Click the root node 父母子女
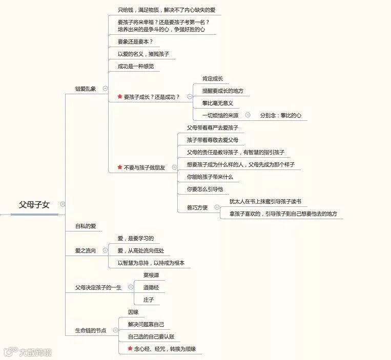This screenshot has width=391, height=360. click(34, 204)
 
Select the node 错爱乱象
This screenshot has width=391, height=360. click(86, 89)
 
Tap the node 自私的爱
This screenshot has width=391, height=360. click(86, 226)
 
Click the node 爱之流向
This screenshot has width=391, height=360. click(86, 250)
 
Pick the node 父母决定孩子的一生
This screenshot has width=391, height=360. click(98, 288)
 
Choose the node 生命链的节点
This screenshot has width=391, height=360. click(91, 330)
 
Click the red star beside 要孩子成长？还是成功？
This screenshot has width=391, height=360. click(120, 96)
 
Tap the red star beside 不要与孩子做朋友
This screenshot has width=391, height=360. click(120, 167)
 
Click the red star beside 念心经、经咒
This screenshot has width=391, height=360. click(130, 349)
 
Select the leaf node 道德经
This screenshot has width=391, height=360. click(151, 287)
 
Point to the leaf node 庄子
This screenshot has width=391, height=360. click(148, 300)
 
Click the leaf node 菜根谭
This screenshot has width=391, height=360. click(151, 275)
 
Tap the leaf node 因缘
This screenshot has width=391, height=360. click(133, 312)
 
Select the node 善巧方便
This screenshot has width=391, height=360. click(198, 207)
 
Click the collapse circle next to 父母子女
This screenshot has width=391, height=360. click(63, 204)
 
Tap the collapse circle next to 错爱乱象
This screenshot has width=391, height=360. click(105, 89)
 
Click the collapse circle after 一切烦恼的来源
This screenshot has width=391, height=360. click(248, 115)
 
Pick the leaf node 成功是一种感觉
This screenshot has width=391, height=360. click(135, 66)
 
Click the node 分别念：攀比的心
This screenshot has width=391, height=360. click(281, 115)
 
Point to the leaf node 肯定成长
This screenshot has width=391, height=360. click(213, 78)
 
